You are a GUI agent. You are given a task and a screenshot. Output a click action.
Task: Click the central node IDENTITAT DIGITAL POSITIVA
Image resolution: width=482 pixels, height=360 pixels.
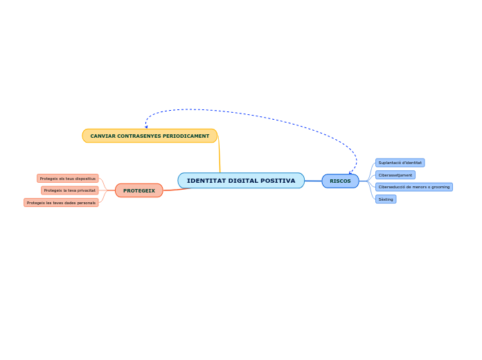pyautogui.click(x=241, y=181)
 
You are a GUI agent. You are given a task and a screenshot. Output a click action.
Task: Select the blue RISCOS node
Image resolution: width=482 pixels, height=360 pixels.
pyautogui.click(x=340, y=181)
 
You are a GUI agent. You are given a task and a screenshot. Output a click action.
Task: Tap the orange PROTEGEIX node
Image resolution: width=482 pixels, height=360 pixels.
pyautogui.click(x=139, y=190)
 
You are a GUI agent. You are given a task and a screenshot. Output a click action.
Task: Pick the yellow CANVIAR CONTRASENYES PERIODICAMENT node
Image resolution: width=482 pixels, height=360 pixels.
pyautogui.click(x=150, y=136)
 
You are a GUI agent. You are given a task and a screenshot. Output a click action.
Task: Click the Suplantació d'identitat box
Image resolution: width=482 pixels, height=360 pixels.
pyautogui.click(x=400, y=163)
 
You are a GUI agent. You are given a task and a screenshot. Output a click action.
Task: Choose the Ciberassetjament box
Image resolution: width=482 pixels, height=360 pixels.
pyautogui.click(x=395, y=175)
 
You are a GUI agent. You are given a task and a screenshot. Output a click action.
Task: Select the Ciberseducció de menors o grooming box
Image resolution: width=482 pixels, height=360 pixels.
pyautogui.click(x=413, y=187)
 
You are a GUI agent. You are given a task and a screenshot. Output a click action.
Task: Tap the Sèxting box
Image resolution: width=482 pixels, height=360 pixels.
pyautogui.click(x=386, y=199)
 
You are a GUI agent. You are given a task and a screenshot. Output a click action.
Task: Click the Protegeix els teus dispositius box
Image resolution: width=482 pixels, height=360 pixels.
pyautogui.click(x=68, y=179)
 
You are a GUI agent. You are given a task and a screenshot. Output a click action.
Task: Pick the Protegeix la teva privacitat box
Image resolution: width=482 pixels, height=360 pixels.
pyautogui.click(x=70, y=190)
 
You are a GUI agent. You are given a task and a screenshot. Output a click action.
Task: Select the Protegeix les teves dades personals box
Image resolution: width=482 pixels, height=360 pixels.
pyautogui.click(x=61, y=203)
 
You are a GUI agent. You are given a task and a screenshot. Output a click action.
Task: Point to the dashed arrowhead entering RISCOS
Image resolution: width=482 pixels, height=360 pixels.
pyautogui.click(x=351, y=172)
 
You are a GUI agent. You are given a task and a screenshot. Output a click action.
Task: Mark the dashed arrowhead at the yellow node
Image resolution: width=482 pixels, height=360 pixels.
pyautogui.click(x=146, y=127)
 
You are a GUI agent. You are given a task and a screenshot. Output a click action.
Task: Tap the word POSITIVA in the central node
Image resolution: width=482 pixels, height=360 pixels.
pyautogui.click(x=278, y=181)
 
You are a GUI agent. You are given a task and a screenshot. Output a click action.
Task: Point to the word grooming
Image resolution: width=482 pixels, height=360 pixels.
pyautogui.click(x=438, y=187)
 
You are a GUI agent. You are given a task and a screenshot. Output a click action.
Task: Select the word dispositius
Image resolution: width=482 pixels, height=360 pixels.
pyautogui.click(x=85, y=179)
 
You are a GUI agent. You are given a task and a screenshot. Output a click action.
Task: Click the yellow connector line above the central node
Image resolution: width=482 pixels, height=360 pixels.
pyautogui.click(x=220, y=156)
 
